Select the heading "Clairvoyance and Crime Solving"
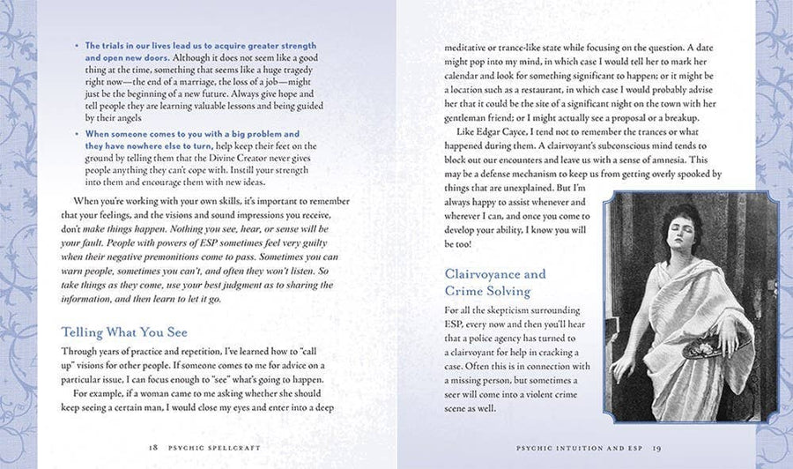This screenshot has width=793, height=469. pos(495,283)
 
